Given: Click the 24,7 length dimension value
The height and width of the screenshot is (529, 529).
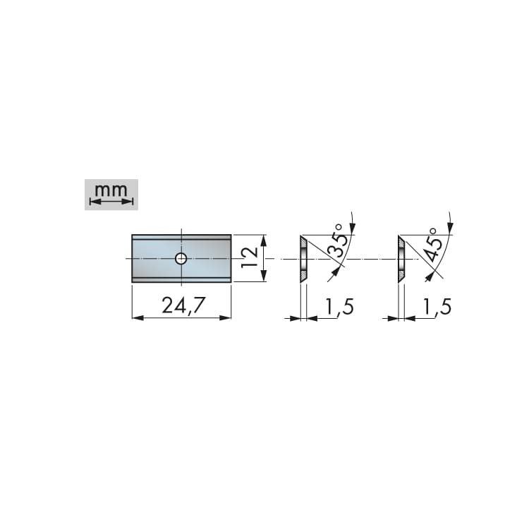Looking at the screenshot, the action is click(183, 305).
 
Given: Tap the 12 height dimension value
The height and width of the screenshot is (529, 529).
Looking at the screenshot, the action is click(250, 257).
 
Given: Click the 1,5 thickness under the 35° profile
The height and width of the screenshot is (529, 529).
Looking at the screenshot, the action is click(339, 306).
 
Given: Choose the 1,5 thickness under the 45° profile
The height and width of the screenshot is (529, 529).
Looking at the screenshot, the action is click(437, 306).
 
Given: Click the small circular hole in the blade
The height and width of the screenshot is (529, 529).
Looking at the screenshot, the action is click(181, 259).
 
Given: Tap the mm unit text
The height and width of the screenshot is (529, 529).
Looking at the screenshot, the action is click(111, 190).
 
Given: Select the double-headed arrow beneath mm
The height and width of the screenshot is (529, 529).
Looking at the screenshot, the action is click(111, 202).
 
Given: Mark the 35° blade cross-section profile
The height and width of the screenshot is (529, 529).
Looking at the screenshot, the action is click(303, 259).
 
